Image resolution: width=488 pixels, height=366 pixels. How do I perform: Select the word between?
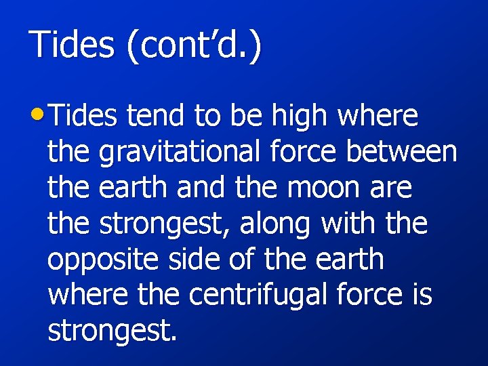(x=401, y=152)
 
